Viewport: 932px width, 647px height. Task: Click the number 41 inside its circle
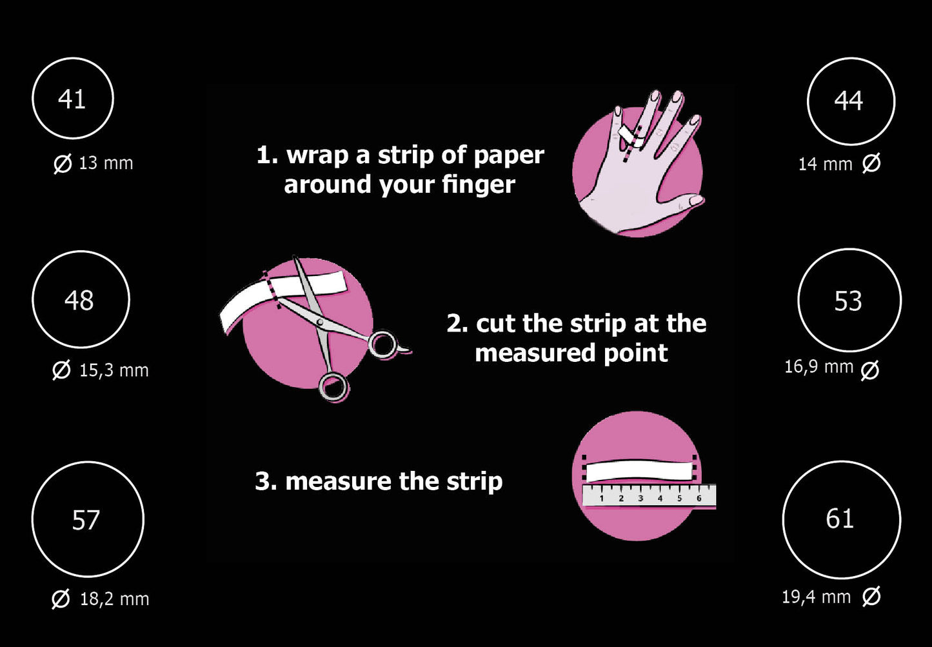point(72,99)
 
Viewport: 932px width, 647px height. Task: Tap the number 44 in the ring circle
point(848,101)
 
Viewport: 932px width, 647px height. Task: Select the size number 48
point(79,301)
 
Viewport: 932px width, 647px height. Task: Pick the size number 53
point(848,301)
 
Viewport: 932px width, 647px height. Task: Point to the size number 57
point(86,520)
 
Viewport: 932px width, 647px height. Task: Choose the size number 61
point(840,519)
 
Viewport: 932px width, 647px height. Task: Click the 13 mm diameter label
point(94,163)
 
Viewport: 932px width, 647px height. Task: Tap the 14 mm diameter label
point(839,163)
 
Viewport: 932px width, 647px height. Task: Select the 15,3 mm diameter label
point(100,370)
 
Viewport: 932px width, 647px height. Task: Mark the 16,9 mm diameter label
point(832,368)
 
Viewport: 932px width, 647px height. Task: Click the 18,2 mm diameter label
point(100,599)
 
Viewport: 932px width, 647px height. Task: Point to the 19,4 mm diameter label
point(831,597)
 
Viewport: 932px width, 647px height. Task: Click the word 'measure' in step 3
point(338,482)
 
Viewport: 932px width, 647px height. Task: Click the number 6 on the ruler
point(699,498)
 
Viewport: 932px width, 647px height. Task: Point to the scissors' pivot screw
point(319,322)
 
